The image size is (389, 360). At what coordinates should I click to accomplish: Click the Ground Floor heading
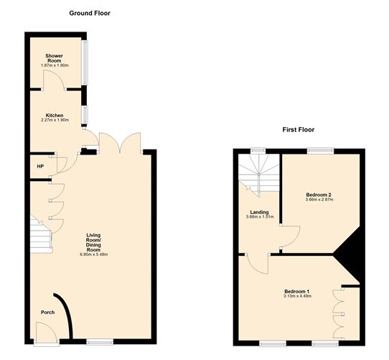tap(90, 14)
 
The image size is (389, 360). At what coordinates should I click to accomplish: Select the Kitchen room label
tap(55, 116)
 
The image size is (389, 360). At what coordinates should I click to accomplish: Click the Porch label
tap(47, 312)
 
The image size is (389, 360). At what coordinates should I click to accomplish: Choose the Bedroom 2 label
tap(317, 195)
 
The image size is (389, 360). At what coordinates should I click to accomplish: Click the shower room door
tap(54, 80)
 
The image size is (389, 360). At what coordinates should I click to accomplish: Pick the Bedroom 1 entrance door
tap(256, 265)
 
